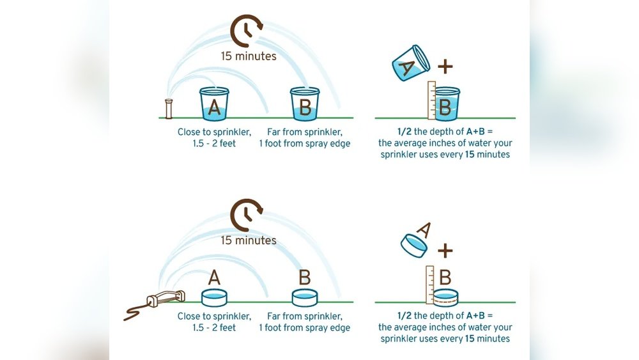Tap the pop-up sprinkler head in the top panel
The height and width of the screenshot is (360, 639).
169,109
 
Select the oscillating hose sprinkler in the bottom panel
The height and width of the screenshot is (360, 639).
165,297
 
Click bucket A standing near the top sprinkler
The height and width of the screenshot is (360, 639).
214,104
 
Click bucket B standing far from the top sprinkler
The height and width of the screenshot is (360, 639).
305,104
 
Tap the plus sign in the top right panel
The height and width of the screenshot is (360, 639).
445,66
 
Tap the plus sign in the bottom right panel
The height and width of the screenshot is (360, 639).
445,249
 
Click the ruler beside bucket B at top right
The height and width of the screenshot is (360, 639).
432,100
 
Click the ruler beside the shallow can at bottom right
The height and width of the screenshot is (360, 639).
430,284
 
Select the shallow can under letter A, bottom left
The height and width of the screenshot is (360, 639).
215,297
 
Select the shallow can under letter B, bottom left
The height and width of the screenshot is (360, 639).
305,297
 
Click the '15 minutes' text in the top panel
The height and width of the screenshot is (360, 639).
249,56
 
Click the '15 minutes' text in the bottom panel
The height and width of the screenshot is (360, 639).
249,240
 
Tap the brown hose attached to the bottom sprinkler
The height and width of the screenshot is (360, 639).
135,312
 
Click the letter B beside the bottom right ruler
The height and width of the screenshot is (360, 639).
445,278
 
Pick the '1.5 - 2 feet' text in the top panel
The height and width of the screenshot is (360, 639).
214,143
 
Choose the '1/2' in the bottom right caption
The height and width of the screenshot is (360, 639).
404,316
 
